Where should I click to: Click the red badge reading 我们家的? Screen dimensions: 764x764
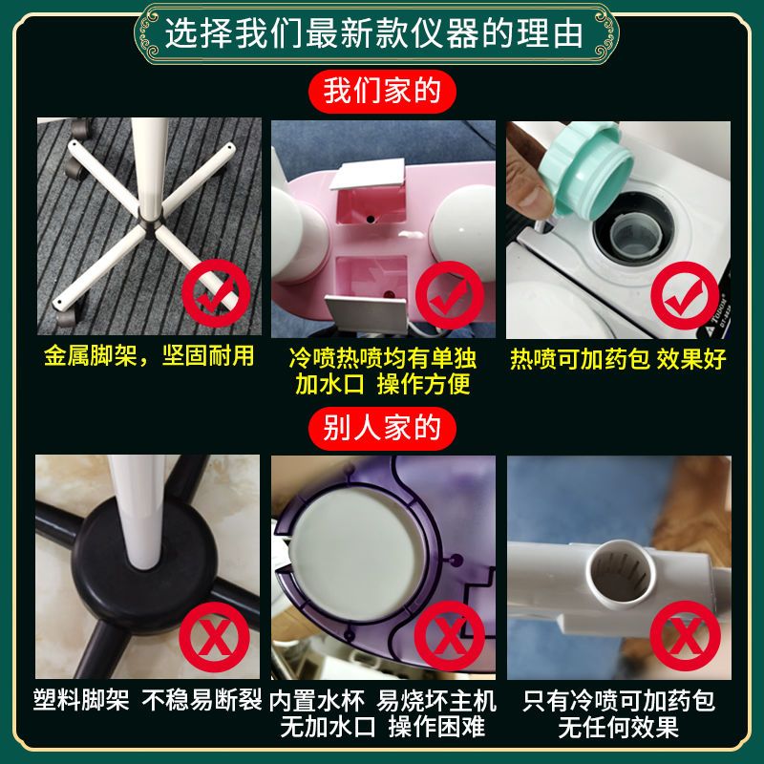(x=382, y=91)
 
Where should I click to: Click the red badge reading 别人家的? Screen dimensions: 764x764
(x=382, y=428)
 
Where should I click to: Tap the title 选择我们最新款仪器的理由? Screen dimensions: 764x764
(x=374, y=33)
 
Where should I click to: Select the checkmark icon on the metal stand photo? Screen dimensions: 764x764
(x=216, y=293)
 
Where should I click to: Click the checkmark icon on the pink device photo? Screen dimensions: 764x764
(x=449, y=295)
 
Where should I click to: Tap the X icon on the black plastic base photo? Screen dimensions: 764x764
(x=214, y=635)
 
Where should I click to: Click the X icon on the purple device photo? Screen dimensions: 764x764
(x=449, y=635)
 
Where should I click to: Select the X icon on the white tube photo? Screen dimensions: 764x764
(x=685, y=635)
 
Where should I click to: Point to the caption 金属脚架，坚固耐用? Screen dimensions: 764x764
(x=149, y=355)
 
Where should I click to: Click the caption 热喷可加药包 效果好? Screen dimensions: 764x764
(x=618, y=359)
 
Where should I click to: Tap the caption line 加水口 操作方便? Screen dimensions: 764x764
(x=383, y=384)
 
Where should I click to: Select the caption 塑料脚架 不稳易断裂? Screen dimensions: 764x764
(x=147, y=700)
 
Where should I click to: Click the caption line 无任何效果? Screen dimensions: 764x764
(x=618, y=728)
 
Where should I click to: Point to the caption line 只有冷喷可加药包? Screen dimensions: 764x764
(x=619, y=701)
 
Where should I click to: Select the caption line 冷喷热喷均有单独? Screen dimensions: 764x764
(x=383, y=358)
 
